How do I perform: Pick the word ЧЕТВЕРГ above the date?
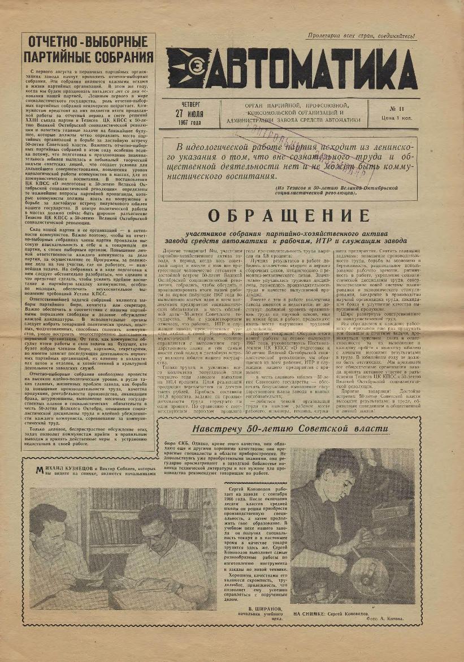click(x=191, y=104)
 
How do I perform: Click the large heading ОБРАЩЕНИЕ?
click(x=289, y=217)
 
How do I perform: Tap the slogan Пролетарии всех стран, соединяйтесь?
click(x=362, y=36)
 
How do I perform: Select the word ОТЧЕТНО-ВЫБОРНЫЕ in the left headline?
click(x=88, y=42)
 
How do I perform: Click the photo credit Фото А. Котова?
click(x=385, y=619)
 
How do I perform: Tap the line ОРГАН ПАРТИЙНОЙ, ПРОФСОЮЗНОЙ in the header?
click(x=297, y=105)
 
